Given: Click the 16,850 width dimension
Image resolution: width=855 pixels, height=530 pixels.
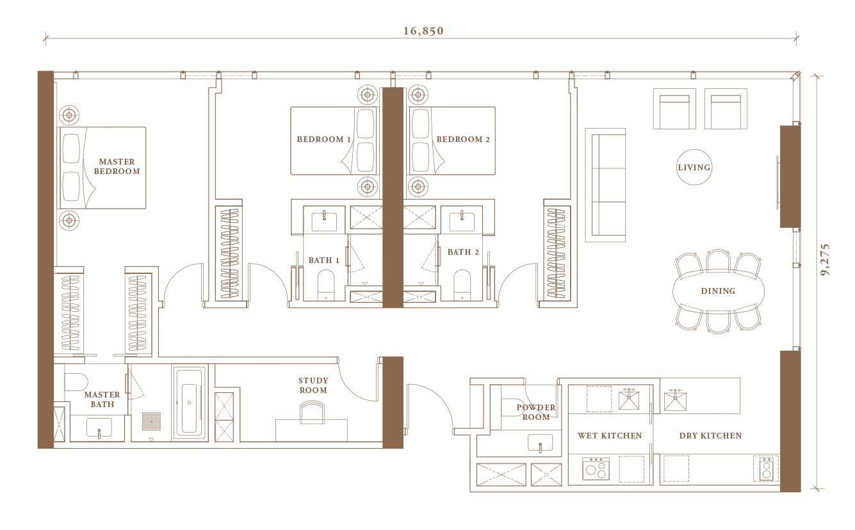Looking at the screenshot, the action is point(423,31).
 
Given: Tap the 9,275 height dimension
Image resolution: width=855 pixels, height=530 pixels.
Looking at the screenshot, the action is point(825,259).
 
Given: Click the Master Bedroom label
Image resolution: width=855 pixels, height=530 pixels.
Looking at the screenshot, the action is point(117,166).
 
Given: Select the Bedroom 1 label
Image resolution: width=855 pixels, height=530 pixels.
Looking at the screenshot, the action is point(323,140).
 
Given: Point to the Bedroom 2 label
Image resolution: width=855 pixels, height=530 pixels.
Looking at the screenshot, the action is point(463,140).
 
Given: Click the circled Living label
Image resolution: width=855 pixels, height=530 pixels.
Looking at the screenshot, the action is point(694,167).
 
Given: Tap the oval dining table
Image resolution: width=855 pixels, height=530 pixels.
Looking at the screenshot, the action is point(719,291).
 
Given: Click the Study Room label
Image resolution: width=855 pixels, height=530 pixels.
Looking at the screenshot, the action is point(313,385).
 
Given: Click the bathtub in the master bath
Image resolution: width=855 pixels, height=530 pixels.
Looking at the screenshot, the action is point(190,403).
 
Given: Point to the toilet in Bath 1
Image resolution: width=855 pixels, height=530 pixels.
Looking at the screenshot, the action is point(326,285).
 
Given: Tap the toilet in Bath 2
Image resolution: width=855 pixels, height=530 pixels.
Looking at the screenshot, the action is point(462,285).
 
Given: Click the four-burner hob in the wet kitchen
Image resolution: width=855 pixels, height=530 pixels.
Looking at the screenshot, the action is point(596,468).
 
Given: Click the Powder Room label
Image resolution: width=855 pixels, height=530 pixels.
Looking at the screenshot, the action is point(536,412).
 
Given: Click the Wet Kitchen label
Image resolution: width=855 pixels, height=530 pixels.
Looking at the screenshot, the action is point(610,435).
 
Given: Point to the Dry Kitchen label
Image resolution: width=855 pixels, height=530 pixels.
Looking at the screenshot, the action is point(710,435).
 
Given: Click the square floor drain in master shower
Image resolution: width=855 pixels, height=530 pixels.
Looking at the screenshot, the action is point(152,421).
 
